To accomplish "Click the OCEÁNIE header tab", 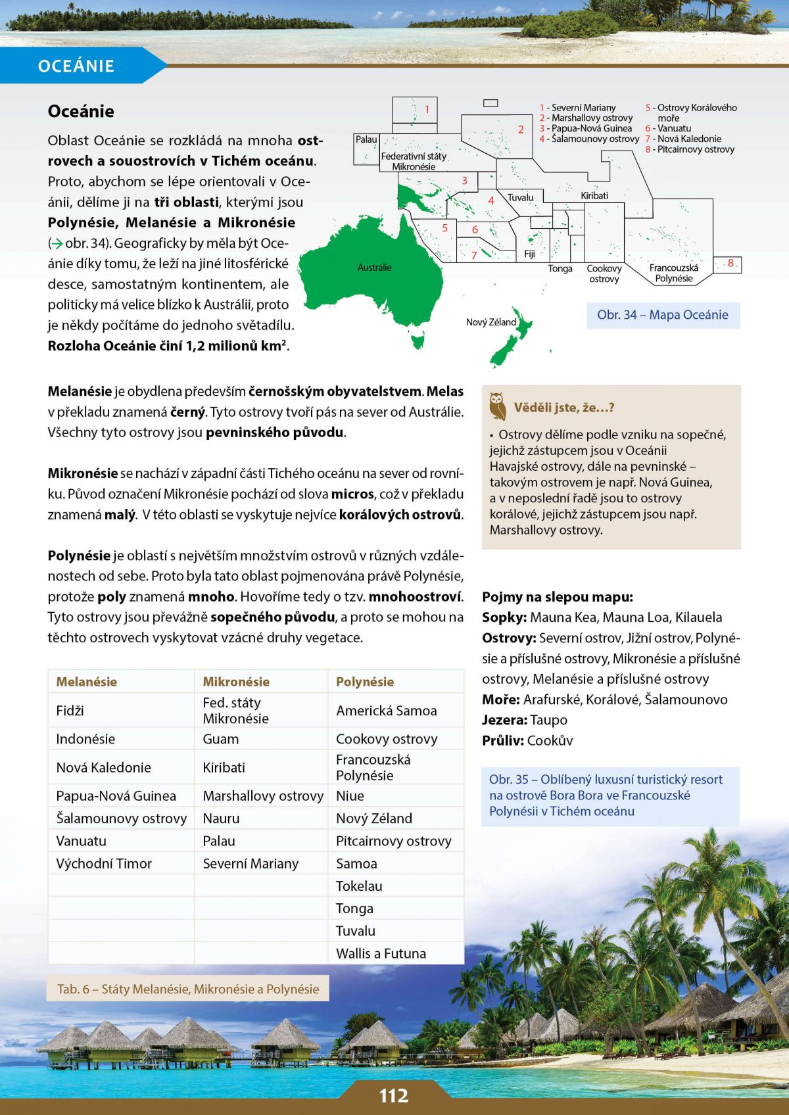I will click(x=76, y=66).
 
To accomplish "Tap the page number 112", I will click(x=394, y=1095).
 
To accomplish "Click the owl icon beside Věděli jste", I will click(x=498, y=406).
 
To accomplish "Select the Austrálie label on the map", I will click(x=374, y=268).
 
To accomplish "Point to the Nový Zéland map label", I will click(x=490, y=322).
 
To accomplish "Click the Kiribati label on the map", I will click(x=594, y=195).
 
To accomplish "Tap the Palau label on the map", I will click(x=366, y=139).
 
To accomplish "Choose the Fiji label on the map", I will click(x=529, y=254).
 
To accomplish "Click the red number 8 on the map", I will click(x=730, y=263).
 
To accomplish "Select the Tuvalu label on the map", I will click(x=521, y=197).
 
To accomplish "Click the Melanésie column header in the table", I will click(x=87, y=682).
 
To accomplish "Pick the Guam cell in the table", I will click(x=221, y=739).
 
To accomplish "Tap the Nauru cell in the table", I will click(x=222, y=818).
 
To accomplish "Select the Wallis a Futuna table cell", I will click(x=381, y=953).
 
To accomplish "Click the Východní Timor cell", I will click(x=104, y=864).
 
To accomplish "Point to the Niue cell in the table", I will click(x=350, y=796).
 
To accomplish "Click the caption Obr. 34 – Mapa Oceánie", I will click(x=662, y=315).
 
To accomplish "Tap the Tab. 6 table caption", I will click(x=188, y=989).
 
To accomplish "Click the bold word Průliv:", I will click(x=503, y=740).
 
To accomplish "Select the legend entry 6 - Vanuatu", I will click(x=668, y=128).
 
